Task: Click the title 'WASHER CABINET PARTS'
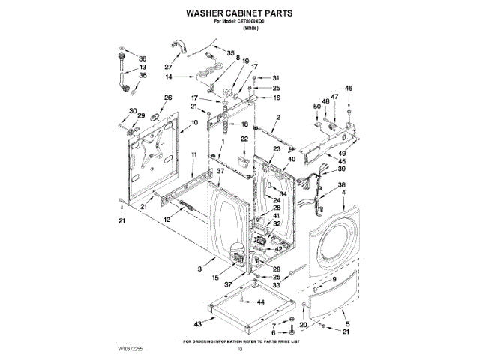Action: tap(239, 13)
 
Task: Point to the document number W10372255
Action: tap(130, 349)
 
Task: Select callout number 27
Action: tap(158, 66)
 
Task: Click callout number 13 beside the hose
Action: tap(142, 67)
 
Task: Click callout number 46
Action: tap(347, 88)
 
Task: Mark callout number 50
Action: tap(317, 107)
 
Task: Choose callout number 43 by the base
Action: tap(198, 323)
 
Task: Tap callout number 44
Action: tap(261, 301)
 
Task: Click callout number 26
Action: tap(168, 97)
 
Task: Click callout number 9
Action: tap(334, 279)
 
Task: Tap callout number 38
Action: tap(341, 185)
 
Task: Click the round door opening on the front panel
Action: tap(337, 244)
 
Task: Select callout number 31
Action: tap(275, 78)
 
